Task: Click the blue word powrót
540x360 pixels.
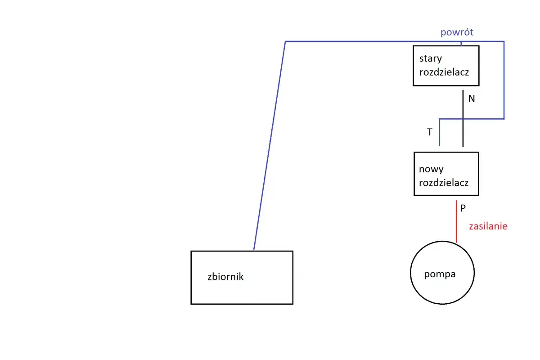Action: click(x=457, y=32)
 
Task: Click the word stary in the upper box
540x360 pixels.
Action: click(x=431, y=58)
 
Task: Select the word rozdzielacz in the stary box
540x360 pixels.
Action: click(x=444, y=72)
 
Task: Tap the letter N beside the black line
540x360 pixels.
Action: click(x=472, y=99)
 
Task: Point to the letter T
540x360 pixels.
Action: click(x=430, y=132)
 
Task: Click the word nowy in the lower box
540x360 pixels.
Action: click(x=431, y=169)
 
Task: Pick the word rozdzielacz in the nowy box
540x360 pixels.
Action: click(x=444, y=183)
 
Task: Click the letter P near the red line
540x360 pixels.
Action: click(x=463, y=208)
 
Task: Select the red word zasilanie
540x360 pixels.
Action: click(x=488, y=226)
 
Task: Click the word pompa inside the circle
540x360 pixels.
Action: click(x=440, y=274)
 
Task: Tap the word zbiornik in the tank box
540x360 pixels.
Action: click(x=225, y=277)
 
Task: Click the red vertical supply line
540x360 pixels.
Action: click(x=456, y=221)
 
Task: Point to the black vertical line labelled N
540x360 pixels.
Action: click(x=463, y=118)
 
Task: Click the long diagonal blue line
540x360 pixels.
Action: click(x=270, y=145)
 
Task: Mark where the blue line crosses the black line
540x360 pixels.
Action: click(x=463, y=119)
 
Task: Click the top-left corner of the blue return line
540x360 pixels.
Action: click(x=285, y=41)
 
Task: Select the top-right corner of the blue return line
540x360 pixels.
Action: click(x=504, y=41)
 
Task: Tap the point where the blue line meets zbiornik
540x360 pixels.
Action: click(x=254, y=250)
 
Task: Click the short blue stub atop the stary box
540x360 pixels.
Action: click(x=461, y=44)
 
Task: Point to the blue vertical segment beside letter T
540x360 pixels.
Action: click(x=440, y=132)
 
